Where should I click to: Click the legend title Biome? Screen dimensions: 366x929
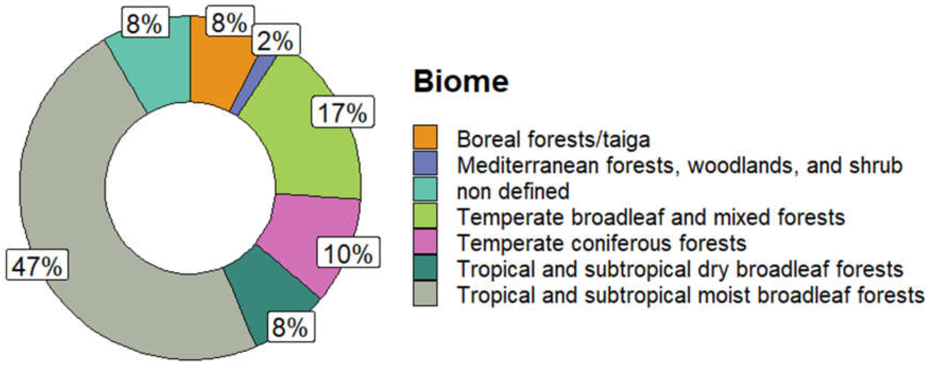(461, 81)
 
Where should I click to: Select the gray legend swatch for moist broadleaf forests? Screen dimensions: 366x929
(425, 294)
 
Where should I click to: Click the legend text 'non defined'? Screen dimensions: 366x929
(513, 191)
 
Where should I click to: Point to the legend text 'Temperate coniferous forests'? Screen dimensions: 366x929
(601, 243)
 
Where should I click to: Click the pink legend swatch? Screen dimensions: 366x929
(425, 241)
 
